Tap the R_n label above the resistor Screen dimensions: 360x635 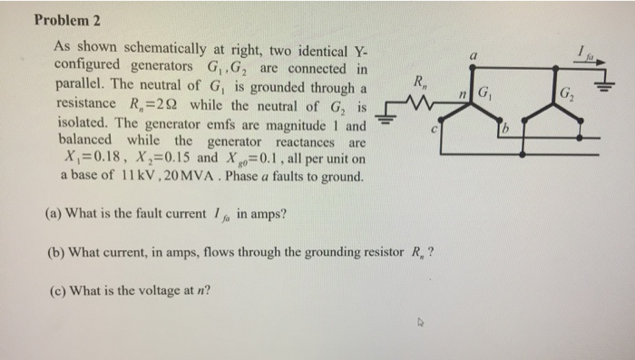click(420, 83)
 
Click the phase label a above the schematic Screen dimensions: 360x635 click(473, 54)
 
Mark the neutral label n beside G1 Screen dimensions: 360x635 click(462, 94)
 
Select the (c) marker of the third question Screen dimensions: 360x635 click(53, 291)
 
